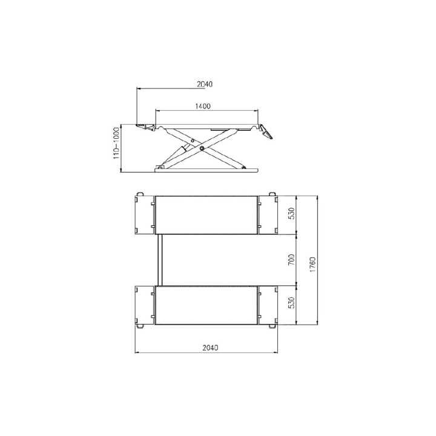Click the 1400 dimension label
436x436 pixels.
tap(203, 106)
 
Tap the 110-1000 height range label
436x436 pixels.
tap(116, 144)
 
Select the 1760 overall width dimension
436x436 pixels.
tap(312, 265)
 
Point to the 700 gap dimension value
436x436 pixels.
tap(291, 259)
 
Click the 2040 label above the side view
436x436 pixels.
tap(205, 84)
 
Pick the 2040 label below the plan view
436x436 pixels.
tap(211, 348)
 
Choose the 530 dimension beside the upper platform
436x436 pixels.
tap(291, 214)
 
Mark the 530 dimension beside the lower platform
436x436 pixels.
tap(291, 303)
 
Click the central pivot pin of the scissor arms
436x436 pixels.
tap(202, 148)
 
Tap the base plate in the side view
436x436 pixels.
tap(206, 170)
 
